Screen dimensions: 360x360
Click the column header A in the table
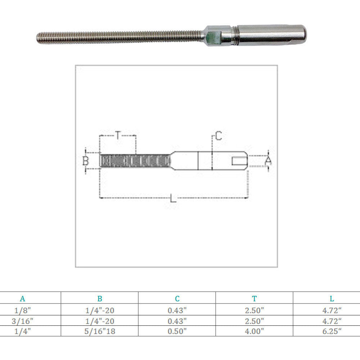click(23, 298)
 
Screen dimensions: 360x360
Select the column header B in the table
click(100, 298)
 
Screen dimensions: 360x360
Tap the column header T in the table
click(255, 298)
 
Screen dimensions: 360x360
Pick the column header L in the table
click(332, 298)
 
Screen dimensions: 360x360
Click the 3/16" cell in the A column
click(23, 321)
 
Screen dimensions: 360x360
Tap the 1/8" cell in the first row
click(23, 309)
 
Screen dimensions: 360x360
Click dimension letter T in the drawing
click(118, 136)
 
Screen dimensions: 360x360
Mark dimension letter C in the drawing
click(219, 136)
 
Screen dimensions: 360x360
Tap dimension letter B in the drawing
click(85, 161)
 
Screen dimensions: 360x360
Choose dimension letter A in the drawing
click(268, 161)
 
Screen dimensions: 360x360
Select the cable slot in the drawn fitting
click(239, 161)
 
